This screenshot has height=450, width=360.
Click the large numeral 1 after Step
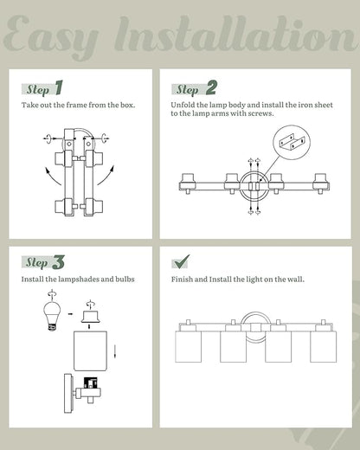point(59,87)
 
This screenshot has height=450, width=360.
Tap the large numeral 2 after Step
point(211,87)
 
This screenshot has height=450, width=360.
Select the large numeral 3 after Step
point(58,262)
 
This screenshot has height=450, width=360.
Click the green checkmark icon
point(181,261)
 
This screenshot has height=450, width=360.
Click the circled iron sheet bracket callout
point(292,143)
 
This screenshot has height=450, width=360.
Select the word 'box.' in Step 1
point(127,105)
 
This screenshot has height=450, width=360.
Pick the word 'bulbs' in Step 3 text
point(125,280)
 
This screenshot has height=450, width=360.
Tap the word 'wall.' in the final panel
point(296,280)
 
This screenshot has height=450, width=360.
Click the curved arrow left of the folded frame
point(52,176)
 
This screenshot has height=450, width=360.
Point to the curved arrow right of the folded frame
point(106,175)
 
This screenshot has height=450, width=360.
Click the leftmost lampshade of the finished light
point(189,346)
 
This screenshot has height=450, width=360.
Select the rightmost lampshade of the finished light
point(324,346)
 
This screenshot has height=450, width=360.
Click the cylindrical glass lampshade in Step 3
point(91,350)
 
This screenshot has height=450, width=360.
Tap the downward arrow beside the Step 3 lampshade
point(115,351)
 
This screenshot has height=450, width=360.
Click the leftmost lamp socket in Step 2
point(188,183)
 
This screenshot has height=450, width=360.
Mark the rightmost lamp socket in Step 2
point(320,183)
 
